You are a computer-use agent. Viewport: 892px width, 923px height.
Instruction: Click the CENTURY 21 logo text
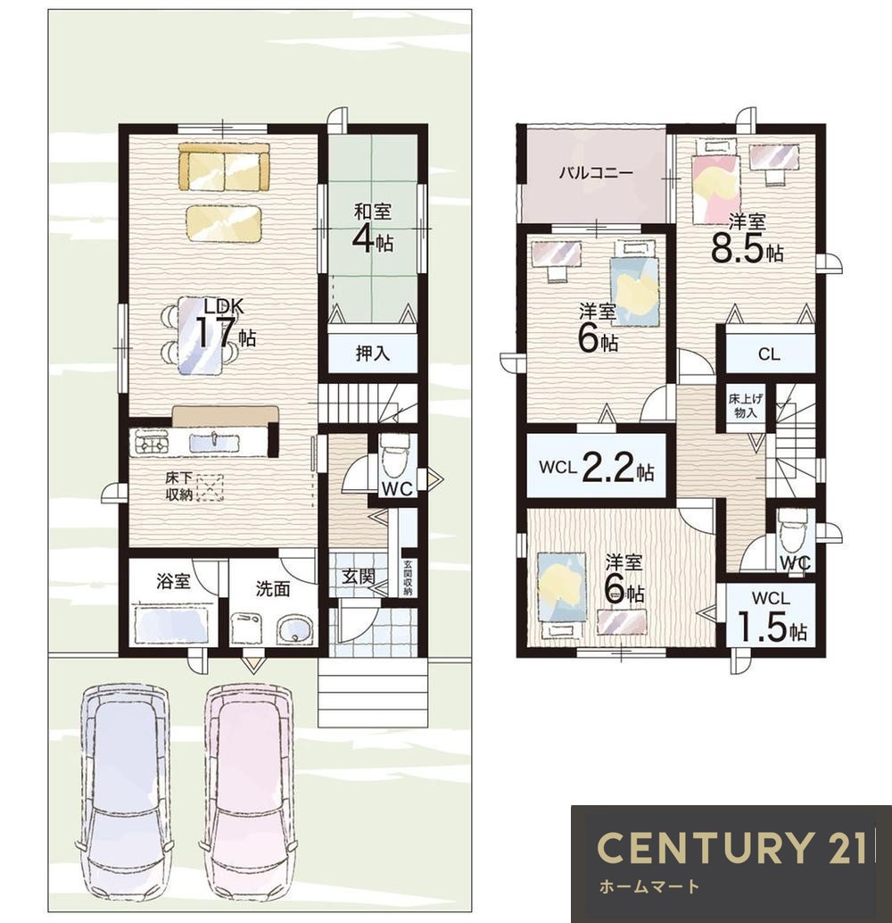pyautogui.click(x=732, y=848)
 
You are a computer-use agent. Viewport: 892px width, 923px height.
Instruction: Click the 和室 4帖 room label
pyautogui.click(x=373, y=229)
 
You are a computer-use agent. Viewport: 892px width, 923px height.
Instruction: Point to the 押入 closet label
pyautogui.click(x=373, y=353)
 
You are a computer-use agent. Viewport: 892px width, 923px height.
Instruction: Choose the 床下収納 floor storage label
pyautogui.click(x=178, y=486)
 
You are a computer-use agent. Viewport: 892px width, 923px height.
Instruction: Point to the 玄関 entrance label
pyautogui.click(x=359, y=577)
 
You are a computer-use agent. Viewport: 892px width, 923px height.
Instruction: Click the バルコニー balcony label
pyautogui.click(x=596, y=173)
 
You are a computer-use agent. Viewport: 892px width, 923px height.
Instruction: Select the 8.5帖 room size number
pyautogui.click(x=747, y=249)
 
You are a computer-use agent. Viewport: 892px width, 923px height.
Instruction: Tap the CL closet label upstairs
pyautogui.click(x=769, y=354)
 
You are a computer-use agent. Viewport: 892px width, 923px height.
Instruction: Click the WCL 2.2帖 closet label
pyautogui.click(x=596, y=470)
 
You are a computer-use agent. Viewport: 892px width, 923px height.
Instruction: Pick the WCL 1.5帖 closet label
pyautogui.click(x=771, y=618)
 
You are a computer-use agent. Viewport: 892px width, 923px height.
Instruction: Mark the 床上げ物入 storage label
pyautogui.click(x=746, y=406)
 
